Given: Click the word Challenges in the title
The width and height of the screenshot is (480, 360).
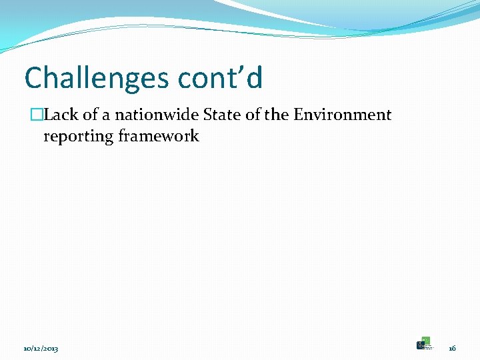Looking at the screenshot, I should click(x=97, y=78).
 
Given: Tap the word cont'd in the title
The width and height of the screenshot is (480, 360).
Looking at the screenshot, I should click(x=220, y=78).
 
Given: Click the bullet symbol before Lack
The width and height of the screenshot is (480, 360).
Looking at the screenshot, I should click(x=37, y=115).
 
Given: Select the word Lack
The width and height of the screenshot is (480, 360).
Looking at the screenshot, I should click(x=61, y=115).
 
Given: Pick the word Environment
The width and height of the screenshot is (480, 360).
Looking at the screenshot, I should click(x=343, y=115).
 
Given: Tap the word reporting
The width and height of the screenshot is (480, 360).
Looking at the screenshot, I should click(x=77, y=137).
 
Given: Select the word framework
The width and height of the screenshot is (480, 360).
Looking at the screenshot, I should click(x=159, y=136).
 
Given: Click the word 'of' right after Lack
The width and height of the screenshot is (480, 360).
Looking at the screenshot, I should click(x=90, y=115).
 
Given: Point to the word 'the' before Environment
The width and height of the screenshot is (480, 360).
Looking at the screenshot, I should click(x=277, y=115).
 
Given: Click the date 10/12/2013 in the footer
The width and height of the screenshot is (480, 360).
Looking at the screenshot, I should click(x=41, y=349).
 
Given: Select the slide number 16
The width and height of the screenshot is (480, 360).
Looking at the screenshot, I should click(x=452, y=349).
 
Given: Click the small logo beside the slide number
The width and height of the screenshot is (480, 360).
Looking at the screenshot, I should click(x=424, y=343).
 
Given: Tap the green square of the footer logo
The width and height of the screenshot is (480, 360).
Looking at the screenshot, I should click(x=426, y=340).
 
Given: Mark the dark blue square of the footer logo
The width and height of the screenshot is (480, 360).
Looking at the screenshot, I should click(x=420, y=345).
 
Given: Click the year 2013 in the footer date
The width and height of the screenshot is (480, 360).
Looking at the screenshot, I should click(x=50, y=349).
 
